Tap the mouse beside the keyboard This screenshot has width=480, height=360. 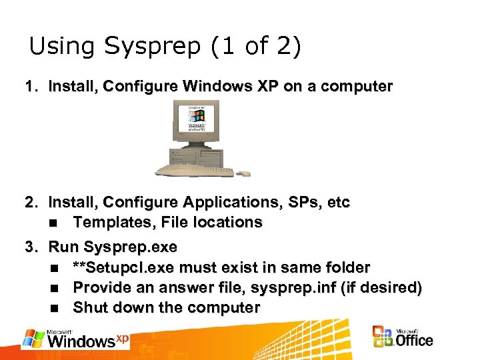[x=245, y=173]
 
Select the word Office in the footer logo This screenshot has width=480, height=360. [x=415, y=341]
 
